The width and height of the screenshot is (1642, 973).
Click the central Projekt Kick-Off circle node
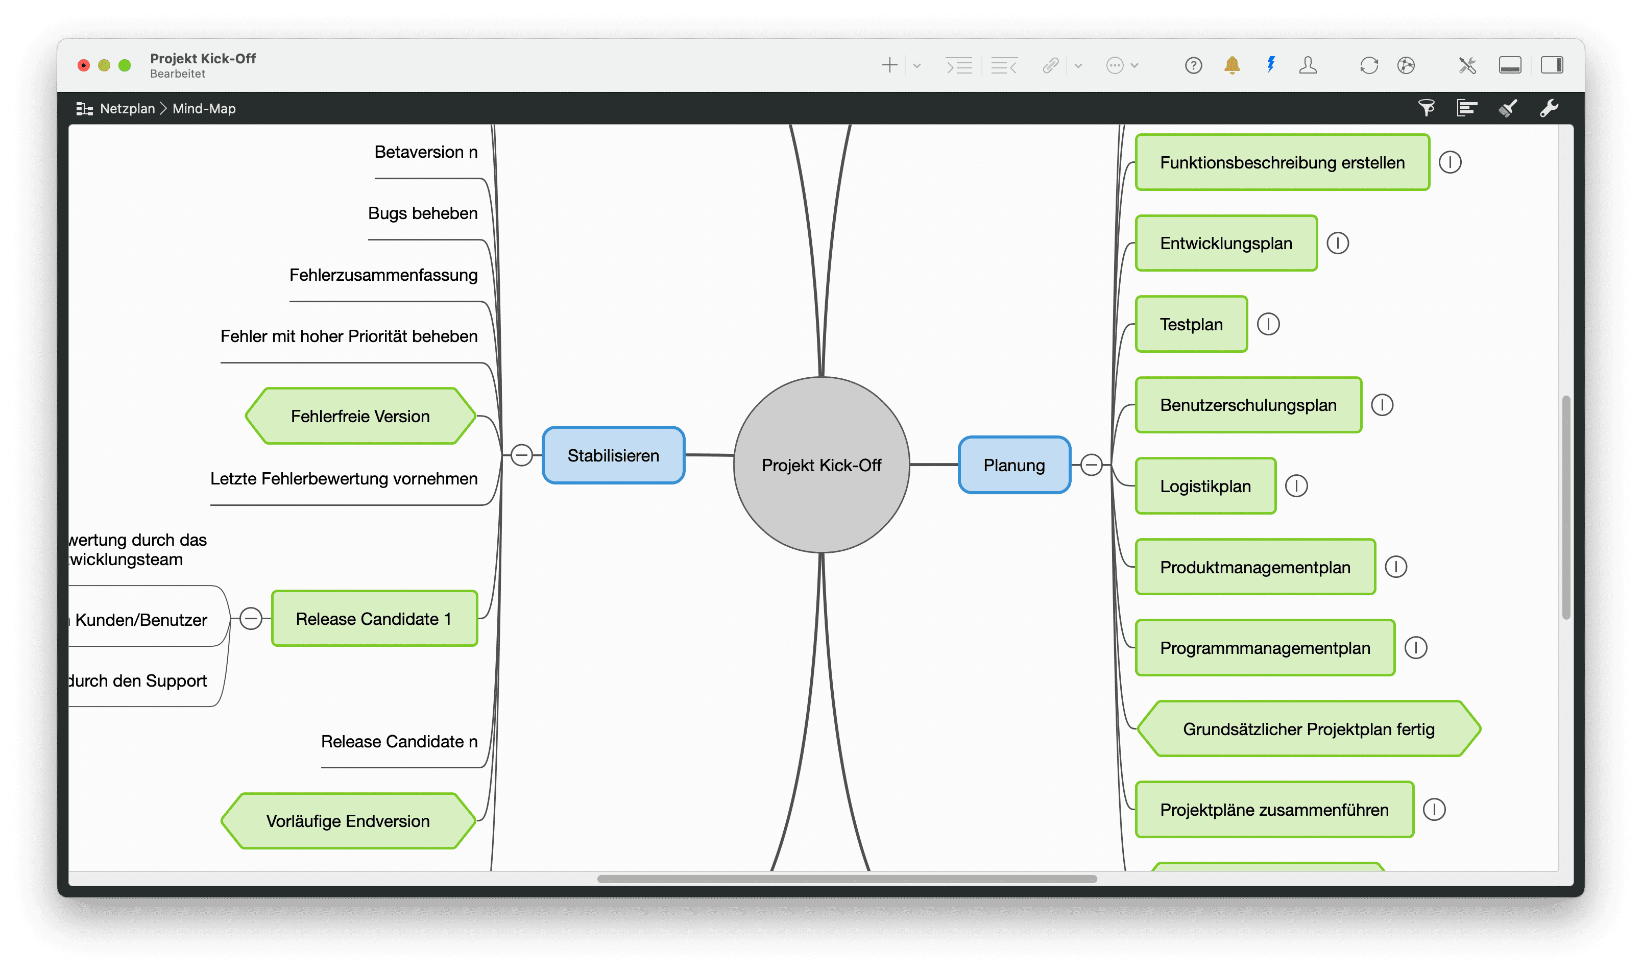click(x=821, y=465)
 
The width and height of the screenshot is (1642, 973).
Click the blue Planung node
click(x=1014, y=465)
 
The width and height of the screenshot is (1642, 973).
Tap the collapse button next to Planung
click(x=1091, y=465)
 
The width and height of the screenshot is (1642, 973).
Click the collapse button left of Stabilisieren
click(x=521, y=455)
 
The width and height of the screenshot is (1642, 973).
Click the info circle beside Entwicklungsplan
click(x=1338, y=243)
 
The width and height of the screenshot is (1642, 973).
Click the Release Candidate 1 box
click(x=374, y=619)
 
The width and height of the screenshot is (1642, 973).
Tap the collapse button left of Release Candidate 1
click(x=251, y=618)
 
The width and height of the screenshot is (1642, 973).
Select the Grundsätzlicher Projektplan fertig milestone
click(x=1308, y=729)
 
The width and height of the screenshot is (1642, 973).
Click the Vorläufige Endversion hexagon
click(x=348, y=821)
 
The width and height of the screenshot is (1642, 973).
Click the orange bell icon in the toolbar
click(x=1231, y=65)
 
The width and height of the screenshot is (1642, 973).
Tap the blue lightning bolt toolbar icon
click(x=1271, y=64)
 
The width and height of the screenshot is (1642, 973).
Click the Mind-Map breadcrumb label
click(x=204, y=109)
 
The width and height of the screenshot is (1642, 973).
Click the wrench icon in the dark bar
click(x=1549, y=108)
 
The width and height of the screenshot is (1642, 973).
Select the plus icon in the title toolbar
click(x=889, y=65)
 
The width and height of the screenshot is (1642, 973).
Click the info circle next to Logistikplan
click(x=1296, y=486)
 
